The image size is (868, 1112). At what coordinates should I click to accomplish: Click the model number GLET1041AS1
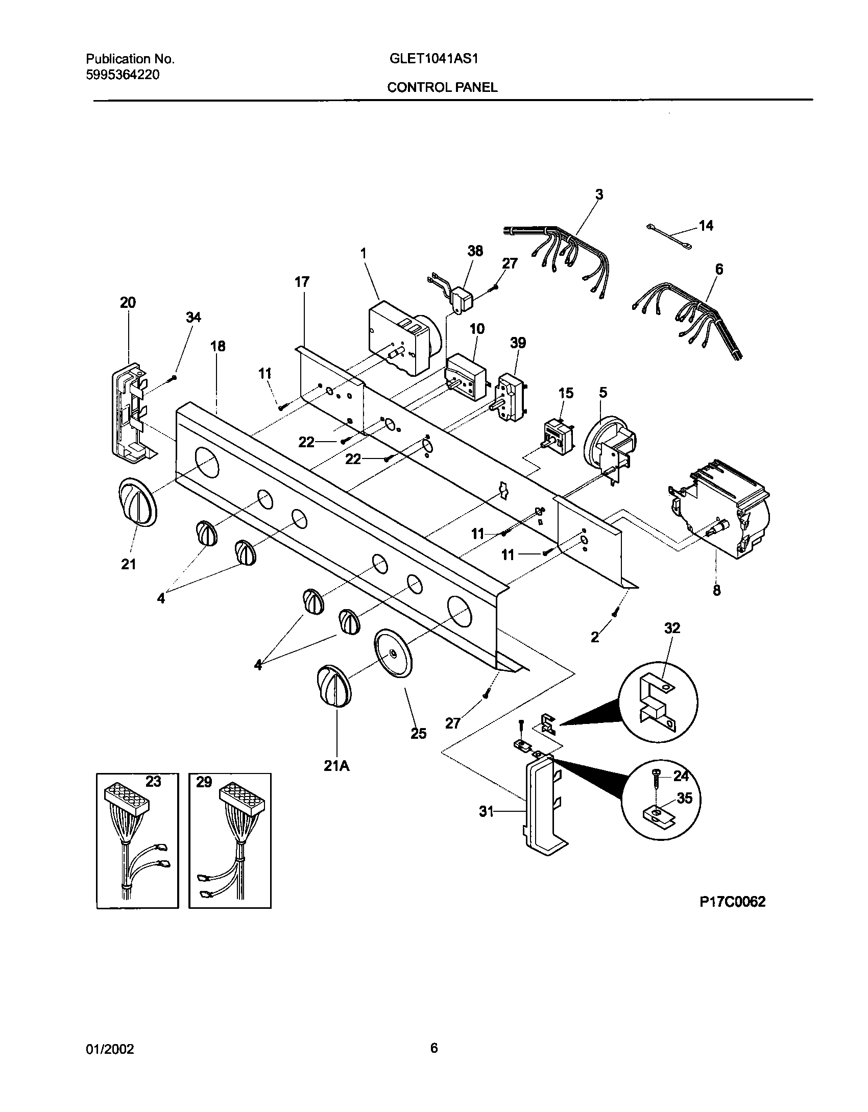433,59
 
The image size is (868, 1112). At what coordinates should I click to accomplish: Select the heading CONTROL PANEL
442,87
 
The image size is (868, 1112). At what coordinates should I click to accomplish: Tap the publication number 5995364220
122,75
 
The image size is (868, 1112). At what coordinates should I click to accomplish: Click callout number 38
475,251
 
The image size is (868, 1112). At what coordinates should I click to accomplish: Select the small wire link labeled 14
669,237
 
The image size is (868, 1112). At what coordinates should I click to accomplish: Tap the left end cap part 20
130,414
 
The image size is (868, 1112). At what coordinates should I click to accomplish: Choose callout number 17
302,282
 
